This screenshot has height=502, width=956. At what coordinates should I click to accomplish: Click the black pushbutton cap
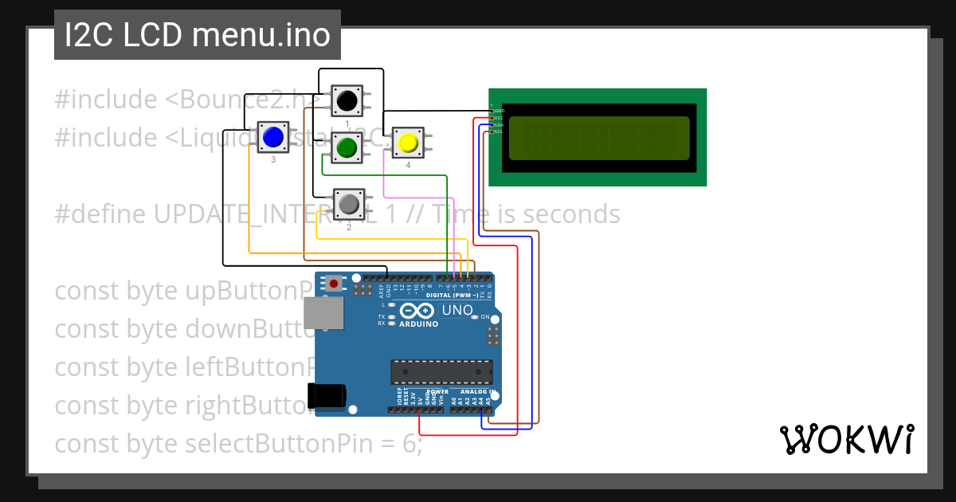(x=347, y=100)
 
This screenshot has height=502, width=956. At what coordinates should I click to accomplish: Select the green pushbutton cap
(x=347, y=147)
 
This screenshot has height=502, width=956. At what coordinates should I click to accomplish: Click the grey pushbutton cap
(x=348, y=205)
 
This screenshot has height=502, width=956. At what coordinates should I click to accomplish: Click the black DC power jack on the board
(x=326, y=395)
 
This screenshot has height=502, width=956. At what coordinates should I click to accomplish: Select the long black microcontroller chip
(x=441, y=372)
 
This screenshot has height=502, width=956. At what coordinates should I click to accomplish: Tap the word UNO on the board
(x=457, y=310)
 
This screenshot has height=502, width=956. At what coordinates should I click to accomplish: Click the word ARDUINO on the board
(x=419, y=324)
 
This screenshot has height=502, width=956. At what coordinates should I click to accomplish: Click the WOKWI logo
(x=846, y=439)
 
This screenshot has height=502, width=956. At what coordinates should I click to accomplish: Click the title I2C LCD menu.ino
(x=197, y=35)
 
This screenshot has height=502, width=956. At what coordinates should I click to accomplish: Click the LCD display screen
(x=598, y=138)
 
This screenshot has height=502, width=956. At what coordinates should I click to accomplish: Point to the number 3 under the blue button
(x=273, y=160)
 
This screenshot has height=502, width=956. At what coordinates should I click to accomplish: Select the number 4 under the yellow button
(x=408, y=166)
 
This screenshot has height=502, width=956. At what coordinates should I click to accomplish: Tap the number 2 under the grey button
(x=348, y=228)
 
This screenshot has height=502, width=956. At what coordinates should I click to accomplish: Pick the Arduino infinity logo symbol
(x=418, y=311)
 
